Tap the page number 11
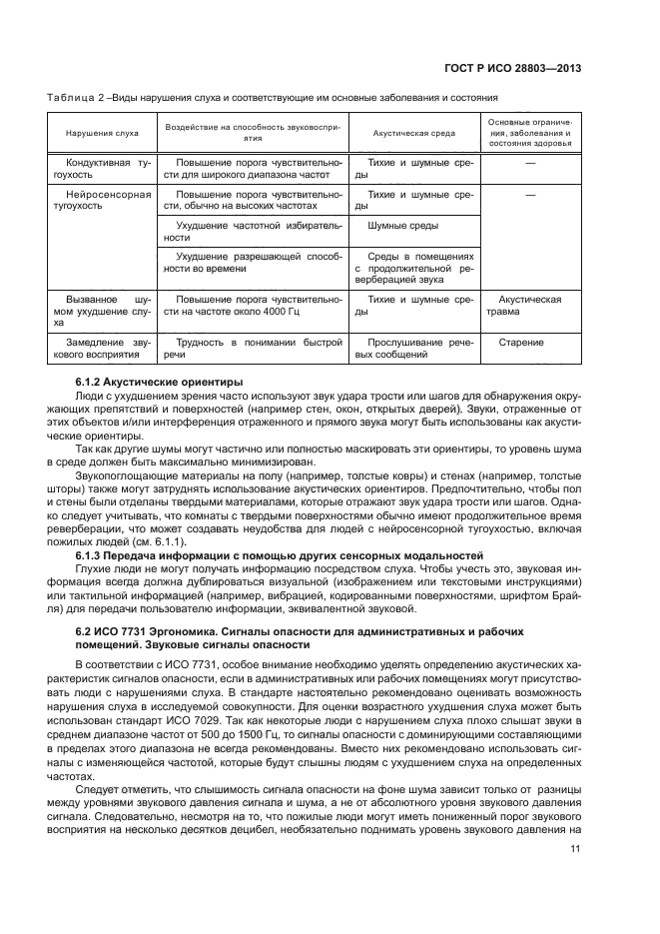coord(575,849)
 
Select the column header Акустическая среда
coord(413,132)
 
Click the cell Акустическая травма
coord(529,305)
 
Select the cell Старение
coord(529,343)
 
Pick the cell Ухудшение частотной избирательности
coord(252,232)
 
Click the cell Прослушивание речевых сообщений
coord(413,349)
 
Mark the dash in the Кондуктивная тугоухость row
coord(529,160)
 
